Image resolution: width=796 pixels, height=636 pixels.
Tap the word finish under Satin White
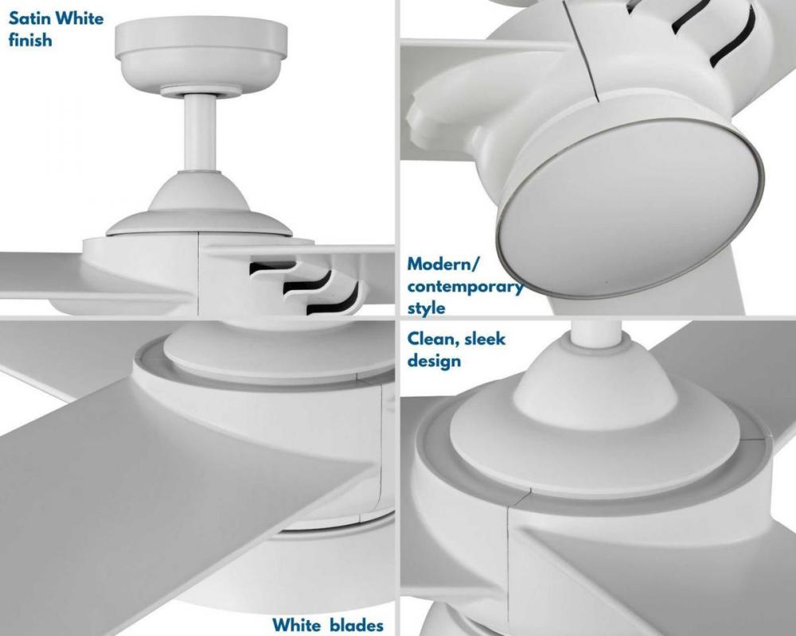click(x=30, y=40)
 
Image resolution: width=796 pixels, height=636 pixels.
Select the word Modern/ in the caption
click(x=443, y=264)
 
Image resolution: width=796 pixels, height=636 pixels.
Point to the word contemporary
click(x=465, y=286)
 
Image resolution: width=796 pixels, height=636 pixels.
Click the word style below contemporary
click(x=426, y=308)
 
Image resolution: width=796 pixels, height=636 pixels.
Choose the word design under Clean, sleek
click(x=434, y=361)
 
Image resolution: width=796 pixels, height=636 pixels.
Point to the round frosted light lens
click(x=630, y=209)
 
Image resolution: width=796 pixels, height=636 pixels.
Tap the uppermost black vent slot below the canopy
click(x=272, y=268)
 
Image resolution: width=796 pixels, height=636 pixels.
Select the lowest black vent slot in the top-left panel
click(x=333, y=302)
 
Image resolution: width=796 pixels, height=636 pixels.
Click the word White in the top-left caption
click(x=79, y=18)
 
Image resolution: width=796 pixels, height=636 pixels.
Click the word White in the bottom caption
click(x=296, y=625)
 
